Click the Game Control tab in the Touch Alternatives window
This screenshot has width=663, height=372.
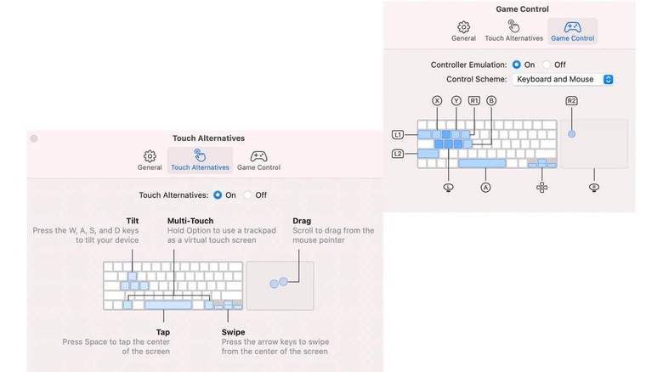(258, 161)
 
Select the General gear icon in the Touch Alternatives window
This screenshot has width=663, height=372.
(150, 156)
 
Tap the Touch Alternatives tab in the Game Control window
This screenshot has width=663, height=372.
(513, 31)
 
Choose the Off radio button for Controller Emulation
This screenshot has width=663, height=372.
(547, 65)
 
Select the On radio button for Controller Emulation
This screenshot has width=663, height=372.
(516, 65)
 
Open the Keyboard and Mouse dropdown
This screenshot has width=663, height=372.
(563, 80)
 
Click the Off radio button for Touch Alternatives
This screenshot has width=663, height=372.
(248, 194)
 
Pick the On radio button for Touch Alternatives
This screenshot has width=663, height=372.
(218, 194)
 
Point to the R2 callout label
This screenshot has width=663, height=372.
(571, 100)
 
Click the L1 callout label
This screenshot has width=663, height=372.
(398, 135)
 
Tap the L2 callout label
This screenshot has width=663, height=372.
(398, 154)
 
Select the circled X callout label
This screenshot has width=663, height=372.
(437, 100)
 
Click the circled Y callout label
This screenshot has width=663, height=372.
(456, 100)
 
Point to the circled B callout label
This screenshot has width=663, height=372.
(491, 100)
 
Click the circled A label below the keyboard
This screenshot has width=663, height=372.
(485, 187)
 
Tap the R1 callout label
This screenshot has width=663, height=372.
(474, 100)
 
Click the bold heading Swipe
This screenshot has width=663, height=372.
(233, 332)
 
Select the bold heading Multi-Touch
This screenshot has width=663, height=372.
(190, 221)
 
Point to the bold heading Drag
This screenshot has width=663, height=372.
(302, 221)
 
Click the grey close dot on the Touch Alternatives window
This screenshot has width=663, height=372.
(34, 138)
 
